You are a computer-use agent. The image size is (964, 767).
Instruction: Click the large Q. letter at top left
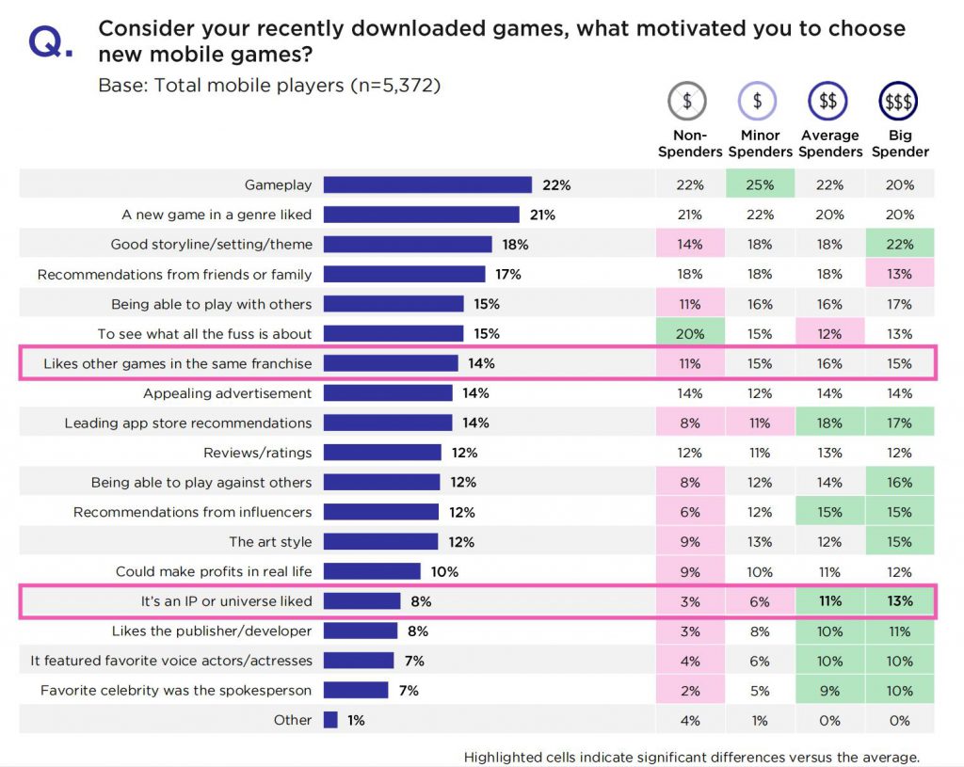pyautogui.click(x=49, y=43)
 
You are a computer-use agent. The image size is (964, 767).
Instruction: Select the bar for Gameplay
pyautogui.click(x=427, y=185)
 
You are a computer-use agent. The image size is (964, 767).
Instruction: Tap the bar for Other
pyautogui.click(x=330, y=720)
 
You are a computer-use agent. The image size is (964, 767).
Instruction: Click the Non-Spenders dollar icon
pyautogui.click(x=688, y=101)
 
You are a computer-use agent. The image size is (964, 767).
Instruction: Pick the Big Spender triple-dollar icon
pyautogui.click(x=899, y=101)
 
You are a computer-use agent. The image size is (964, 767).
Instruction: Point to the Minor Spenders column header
pyautogui.click(x=760, y=144)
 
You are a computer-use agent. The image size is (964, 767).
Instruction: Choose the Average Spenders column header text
pyautogui.click(x=829, y=144)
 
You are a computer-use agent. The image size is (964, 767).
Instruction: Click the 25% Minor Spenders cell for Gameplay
pyautogui.click(x=760, y=185)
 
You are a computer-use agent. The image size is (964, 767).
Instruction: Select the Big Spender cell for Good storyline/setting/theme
pyautogui.click(x=899, y=245)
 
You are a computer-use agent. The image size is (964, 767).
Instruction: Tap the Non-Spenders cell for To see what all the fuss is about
pyautogui.click(x=689, y=334)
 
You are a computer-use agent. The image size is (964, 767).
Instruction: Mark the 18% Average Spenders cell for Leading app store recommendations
pyautogui.click(x=829, y=423)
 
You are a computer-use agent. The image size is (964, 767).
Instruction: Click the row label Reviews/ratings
pyautogui.click(x=257, y=453)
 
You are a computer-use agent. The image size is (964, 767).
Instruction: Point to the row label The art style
pyautogui.click(x=270, y=542)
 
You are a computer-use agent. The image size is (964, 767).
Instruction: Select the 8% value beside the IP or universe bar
pyautogui.click(x=420, y=601)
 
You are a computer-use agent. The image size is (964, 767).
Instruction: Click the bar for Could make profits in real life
pyautogui.click(x=372, y=571)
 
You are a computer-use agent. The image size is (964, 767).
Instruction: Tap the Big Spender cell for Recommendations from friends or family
pyautogui.click(x=899, y=275)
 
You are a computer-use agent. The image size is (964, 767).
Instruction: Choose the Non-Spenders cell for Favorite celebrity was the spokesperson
pyautogui.click(x=689, y=691)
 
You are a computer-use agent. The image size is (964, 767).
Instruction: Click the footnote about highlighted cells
pyautogui.click(x=691, y=757)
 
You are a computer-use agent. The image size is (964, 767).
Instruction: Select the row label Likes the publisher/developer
pyautogui.click(x=212, y=631)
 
